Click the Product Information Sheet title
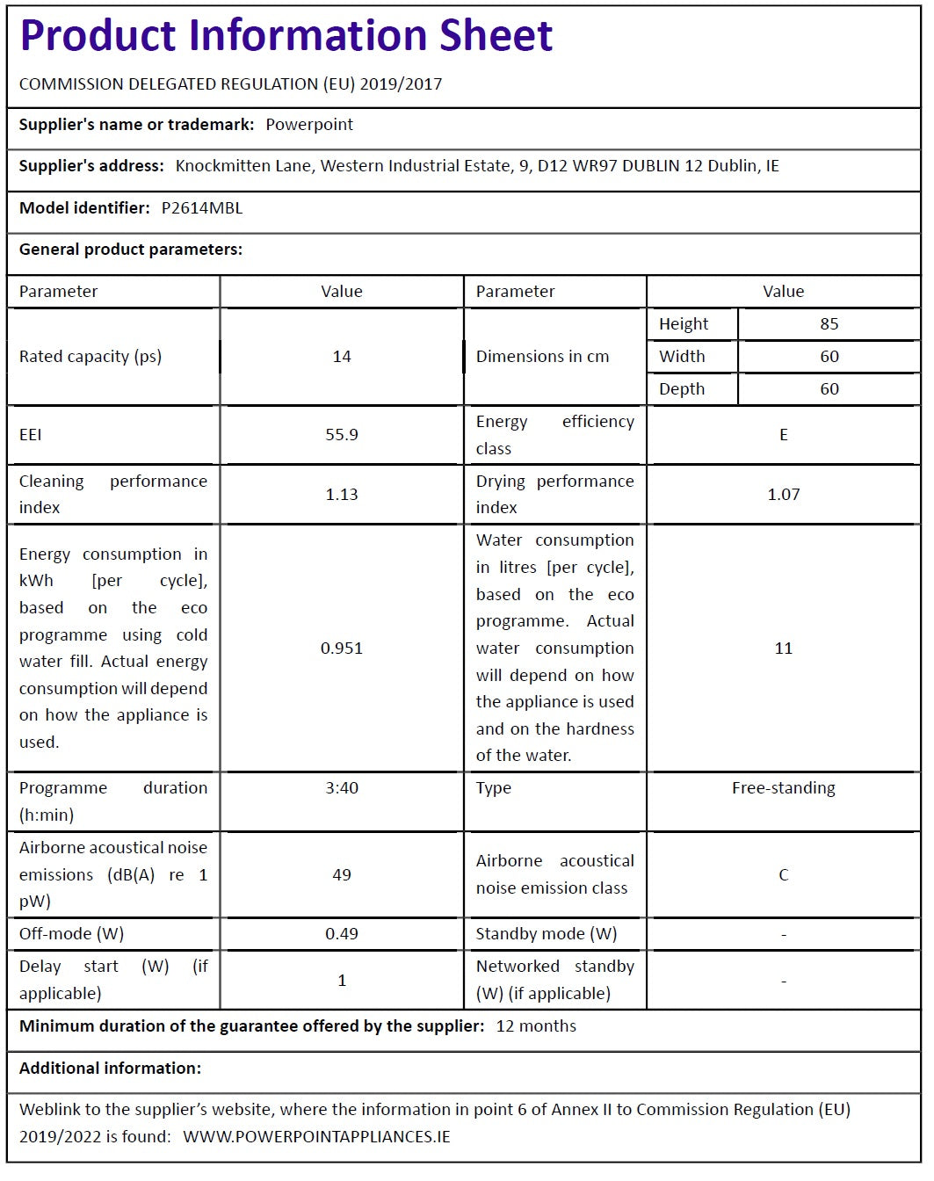click(x=286, y=36)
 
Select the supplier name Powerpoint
click(x=309, y=125)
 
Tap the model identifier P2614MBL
click(x=202, y=208)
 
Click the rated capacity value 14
click(x=342, y=357)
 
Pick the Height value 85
click(x=829, y=324)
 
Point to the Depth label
click(x=682, y=389)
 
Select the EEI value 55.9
click(x=342, y=435)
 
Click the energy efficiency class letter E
click(x=783, y=435)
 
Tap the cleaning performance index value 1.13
click(x=342, y=495)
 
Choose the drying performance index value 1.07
click(x=783, y=495)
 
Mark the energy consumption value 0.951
click(x=342, y=648)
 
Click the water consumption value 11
click(x=783, y=648)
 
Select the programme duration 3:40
click(x=342, y=788)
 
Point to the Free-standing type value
click(x=783, y=788)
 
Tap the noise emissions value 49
click(x=342, y=875)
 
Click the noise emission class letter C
click(x=783, y=875)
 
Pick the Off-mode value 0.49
click(x=342, y=934)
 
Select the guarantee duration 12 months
click(x=536, y=1026)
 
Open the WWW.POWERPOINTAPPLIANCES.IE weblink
click(x=316, y=1137)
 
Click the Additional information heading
click(x=110, y=1069)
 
